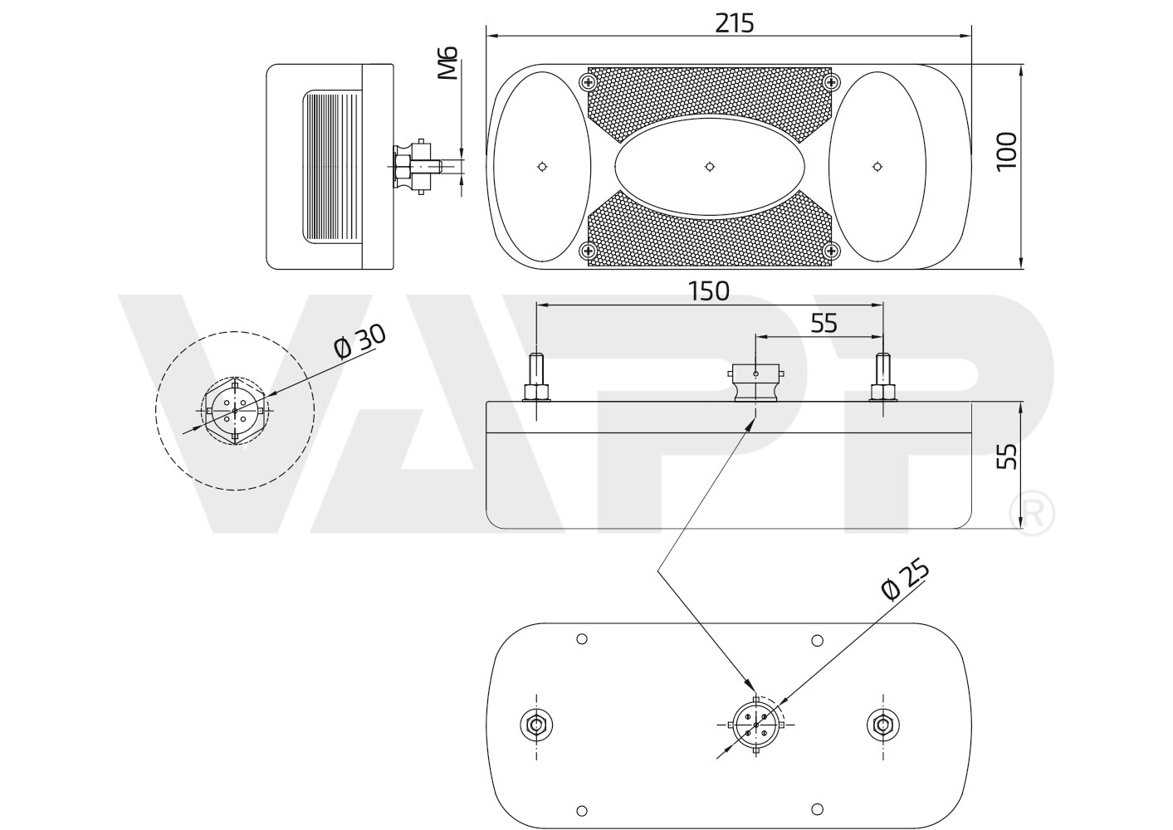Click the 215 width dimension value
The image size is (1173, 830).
735,23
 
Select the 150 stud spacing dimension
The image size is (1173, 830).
708,291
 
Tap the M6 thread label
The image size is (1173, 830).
448,64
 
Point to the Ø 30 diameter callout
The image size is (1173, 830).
359,341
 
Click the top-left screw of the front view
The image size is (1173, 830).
589,82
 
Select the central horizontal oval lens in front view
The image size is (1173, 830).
709,167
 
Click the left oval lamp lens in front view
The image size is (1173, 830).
541,166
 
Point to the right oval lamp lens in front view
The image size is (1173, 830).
877,167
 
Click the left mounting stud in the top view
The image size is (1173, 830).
537,378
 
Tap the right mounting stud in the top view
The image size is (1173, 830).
882,378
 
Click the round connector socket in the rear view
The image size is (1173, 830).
756,725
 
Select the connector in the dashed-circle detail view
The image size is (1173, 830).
235,409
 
